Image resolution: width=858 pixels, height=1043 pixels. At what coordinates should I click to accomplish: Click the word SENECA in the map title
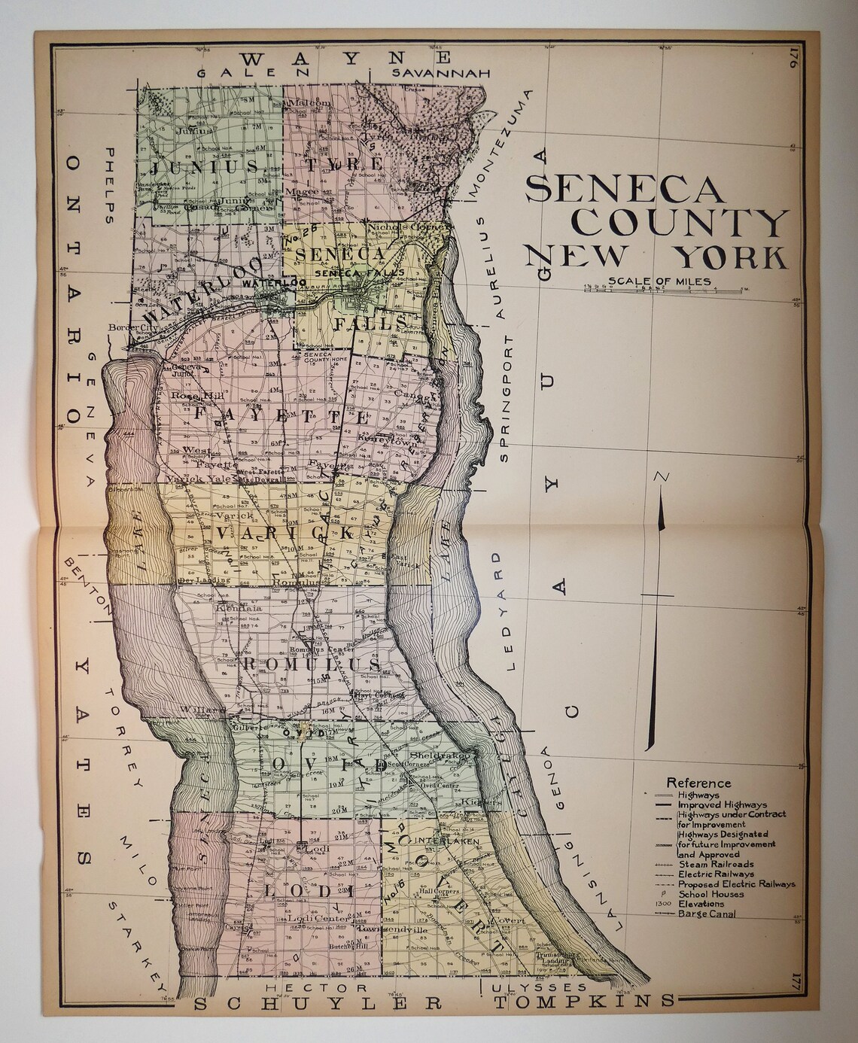pos(625,188)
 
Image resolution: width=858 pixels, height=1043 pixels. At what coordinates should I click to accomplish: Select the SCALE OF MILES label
pos(660,282)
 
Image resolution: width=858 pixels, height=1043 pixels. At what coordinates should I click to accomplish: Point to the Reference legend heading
pos(698,783)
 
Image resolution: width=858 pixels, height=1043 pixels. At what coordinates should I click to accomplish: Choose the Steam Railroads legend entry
pos(716,865)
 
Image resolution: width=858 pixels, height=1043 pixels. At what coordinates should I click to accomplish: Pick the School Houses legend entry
pos(710,894)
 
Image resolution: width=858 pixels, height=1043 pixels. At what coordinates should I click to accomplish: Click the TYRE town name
pos(344,163)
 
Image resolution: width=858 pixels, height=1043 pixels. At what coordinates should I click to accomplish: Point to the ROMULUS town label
pos(312,664)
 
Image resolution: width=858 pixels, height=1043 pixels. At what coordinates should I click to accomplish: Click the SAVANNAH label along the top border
pos(441,73)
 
